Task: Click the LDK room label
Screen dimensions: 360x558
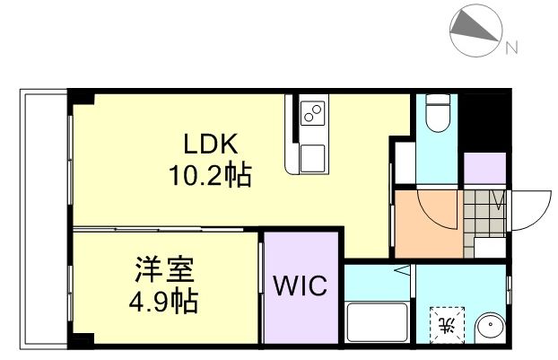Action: pos(210,144)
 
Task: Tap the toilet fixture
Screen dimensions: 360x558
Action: pos(437,111)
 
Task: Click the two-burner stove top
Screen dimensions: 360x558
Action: pos(313,114)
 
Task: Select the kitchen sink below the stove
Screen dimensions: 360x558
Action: pos(313,158)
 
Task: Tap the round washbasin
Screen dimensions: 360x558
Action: pos(490,327)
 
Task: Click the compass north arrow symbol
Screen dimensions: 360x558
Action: pos(475,30)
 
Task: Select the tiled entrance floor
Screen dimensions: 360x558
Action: pos(485,210)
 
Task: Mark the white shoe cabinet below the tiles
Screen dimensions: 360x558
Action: pos(489,247)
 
